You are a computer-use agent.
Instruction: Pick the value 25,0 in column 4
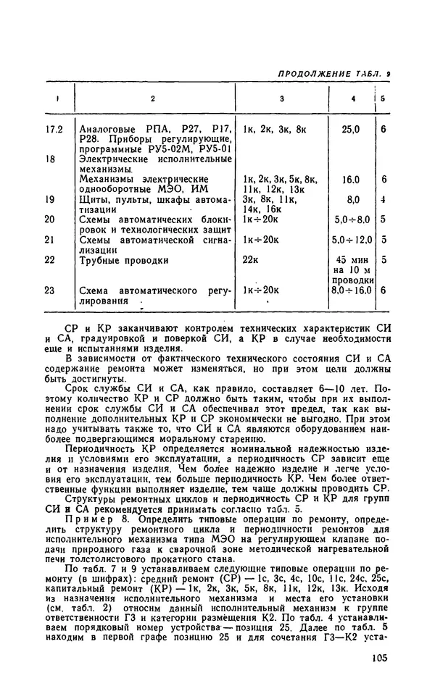coord(351,130)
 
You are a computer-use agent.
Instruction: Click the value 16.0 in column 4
coord(351,178)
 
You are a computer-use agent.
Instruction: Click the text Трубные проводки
coord(123,259)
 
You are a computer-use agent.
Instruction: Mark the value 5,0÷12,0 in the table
coord(351,239)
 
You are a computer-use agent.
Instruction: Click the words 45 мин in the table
coord(351,259)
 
